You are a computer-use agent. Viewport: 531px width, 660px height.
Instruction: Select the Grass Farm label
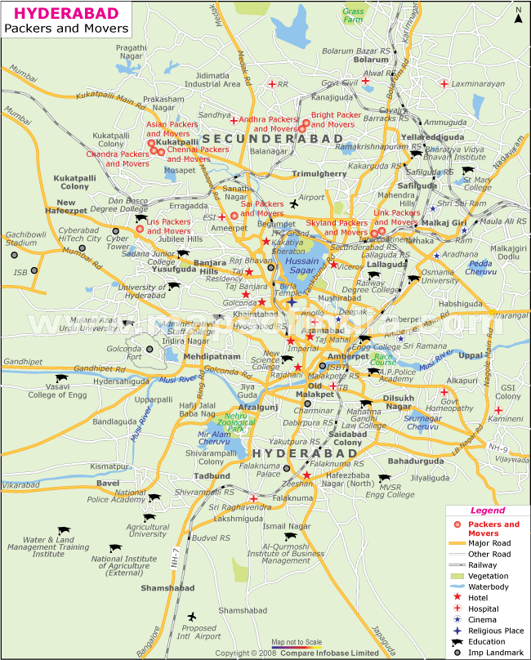pyautogui.click(x=355, y=16)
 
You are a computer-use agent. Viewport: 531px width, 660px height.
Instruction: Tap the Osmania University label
pyautogui.click(x=440, y=276)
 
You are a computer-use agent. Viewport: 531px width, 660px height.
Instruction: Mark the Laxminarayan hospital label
pyautogui.click(x=474, y=83)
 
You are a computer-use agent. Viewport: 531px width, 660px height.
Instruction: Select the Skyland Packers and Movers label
pyautogui.click(x=337, y=227)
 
